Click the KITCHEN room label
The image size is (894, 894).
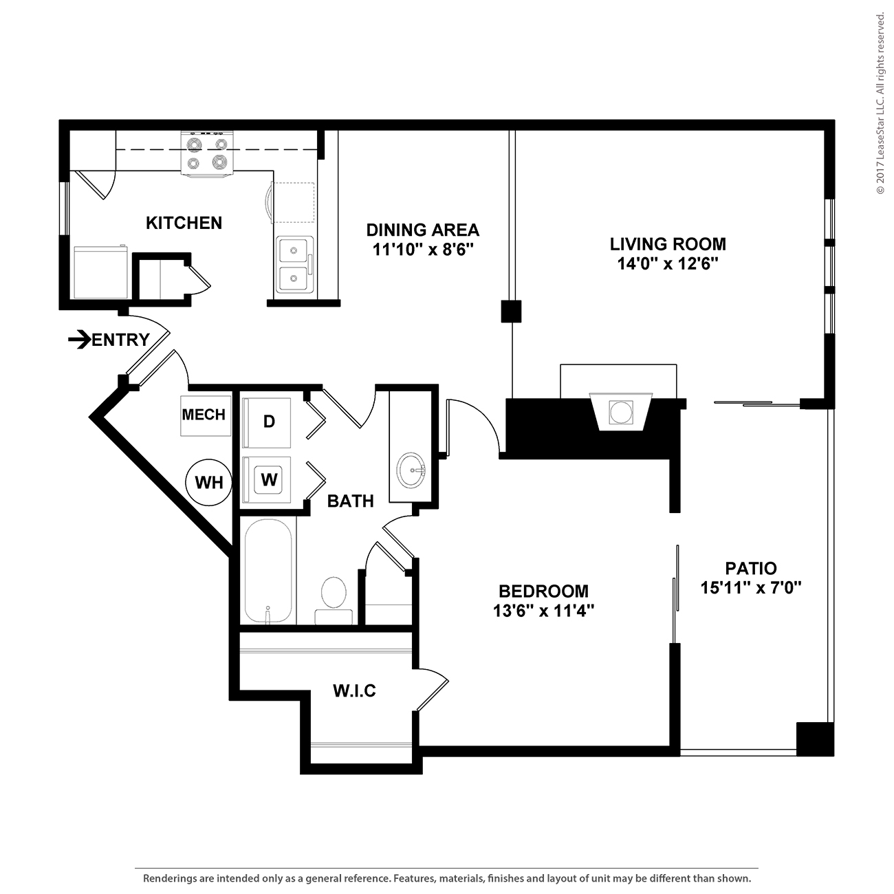184,223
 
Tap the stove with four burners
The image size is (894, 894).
207,153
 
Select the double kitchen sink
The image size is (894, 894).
294,265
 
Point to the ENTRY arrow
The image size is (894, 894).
80,339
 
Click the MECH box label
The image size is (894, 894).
204,415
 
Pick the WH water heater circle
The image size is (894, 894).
209,483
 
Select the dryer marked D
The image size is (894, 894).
268,422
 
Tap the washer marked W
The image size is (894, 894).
268,479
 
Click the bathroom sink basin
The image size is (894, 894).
411,470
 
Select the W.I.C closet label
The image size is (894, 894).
354,690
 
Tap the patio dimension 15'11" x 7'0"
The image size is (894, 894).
751,588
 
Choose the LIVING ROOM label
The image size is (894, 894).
668,243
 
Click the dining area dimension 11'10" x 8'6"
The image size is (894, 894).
422,249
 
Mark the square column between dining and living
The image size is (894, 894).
511,312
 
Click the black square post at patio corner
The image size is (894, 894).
814,739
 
